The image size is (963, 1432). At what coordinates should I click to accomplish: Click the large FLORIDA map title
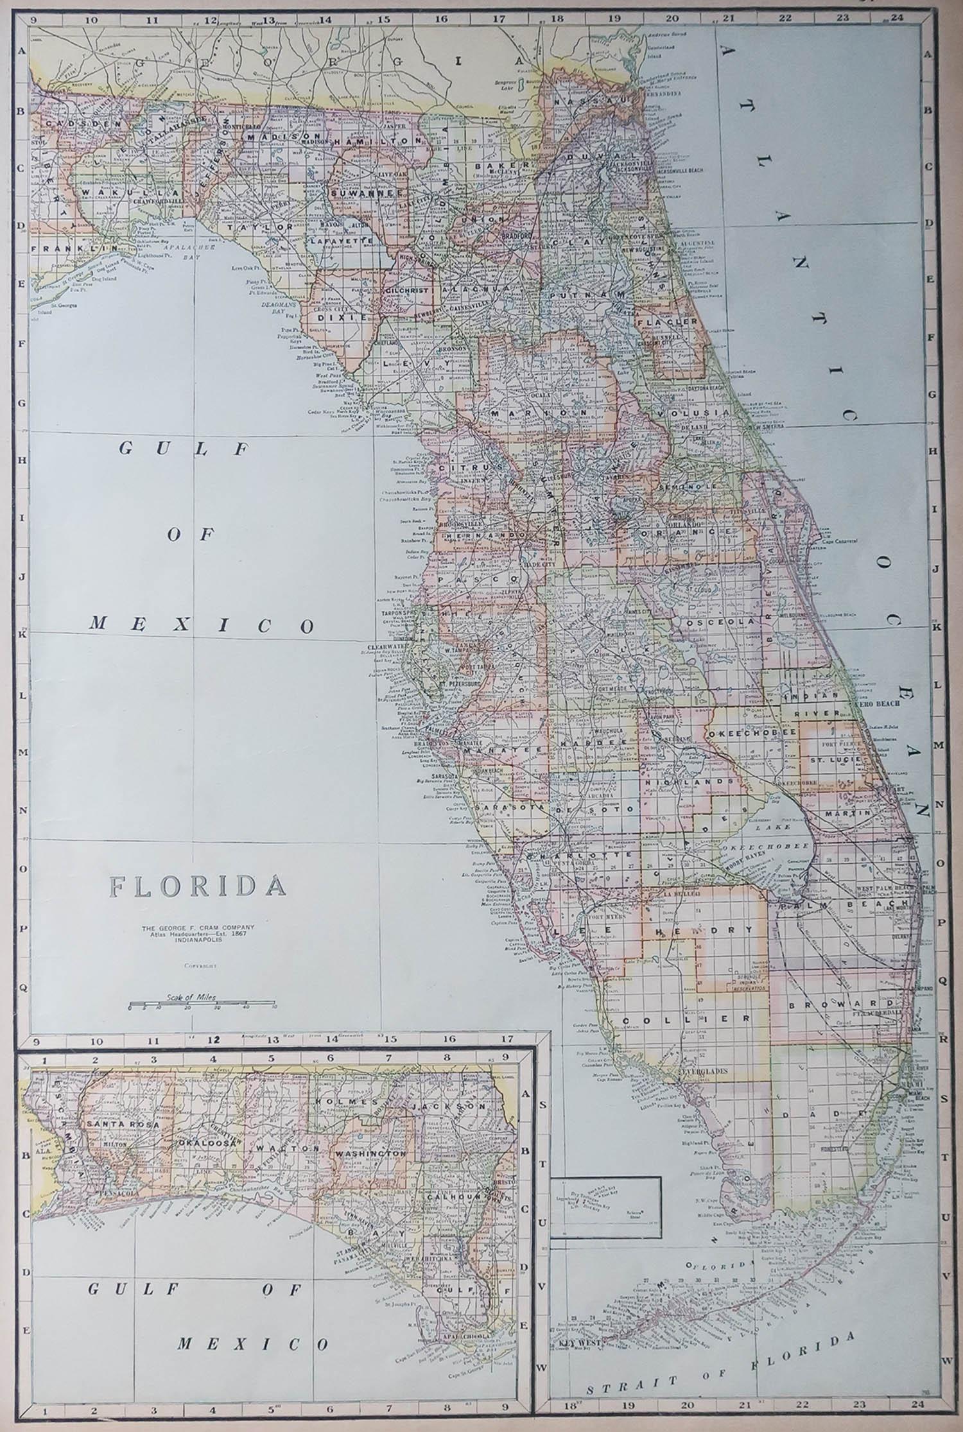tap(198, 886)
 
